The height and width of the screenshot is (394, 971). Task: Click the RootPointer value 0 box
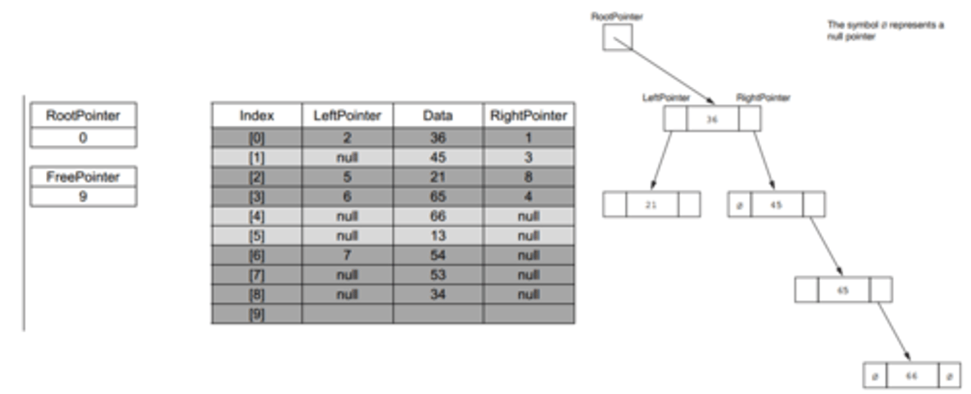click(83, 138)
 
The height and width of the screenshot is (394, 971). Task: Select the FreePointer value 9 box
click(83, 197)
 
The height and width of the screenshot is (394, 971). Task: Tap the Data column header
click(438, 115)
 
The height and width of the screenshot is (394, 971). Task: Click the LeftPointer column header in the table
click(347, 115)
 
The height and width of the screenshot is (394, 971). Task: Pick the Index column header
click(256, 115)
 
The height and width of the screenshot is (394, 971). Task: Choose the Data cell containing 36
click(438, 138)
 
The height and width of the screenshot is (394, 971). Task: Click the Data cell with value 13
click(438, 236)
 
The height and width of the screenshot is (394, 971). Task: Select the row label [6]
click(256, 256)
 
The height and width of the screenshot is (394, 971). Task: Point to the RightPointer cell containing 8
click(529, 177)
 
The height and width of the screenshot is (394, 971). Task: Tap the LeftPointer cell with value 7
click(347, 256)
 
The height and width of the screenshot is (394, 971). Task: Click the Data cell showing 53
click(438, 275)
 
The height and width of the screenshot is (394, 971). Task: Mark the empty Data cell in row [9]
click(438, 314)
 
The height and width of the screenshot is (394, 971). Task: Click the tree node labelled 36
click(712, 119)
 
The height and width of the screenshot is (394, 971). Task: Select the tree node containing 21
click(651, 204)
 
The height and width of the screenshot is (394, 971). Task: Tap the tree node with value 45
click(776, 204)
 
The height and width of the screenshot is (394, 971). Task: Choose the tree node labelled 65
click(843, 289)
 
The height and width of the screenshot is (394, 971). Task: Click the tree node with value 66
click(912, 375)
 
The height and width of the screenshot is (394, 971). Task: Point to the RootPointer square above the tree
click(617, 37)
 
